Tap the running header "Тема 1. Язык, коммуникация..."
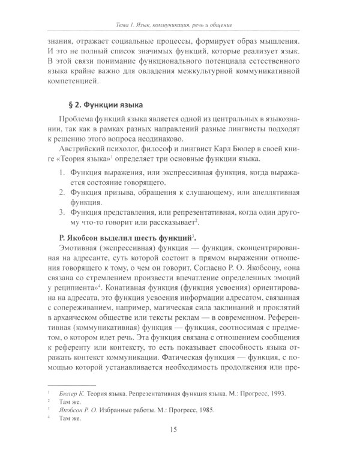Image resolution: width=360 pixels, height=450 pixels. click(179, 25)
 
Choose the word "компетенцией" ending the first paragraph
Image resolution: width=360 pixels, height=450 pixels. click(72, 80)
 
